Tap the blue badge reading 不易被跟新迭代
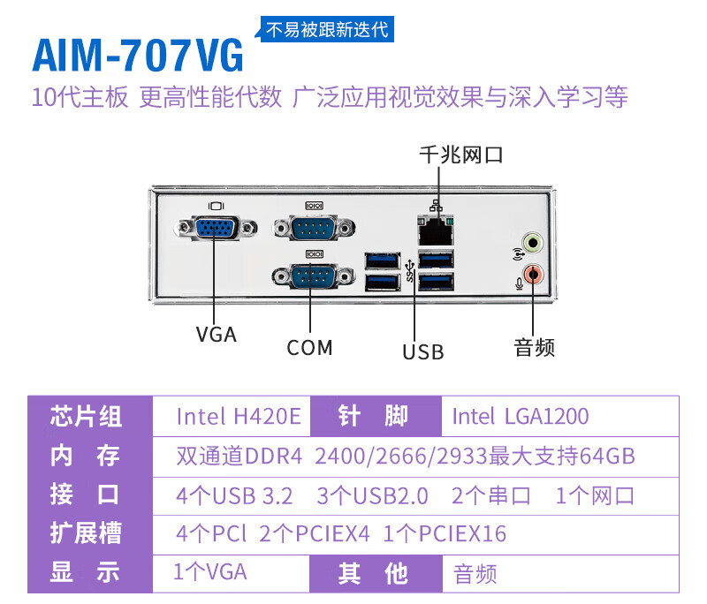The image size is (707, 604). [x=327, y=28]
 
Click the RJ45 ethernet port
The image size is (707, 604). [x=434, y=231]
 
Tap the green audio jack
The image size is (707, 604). [x=532, y=242]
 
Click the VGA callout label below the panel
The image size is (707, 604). [x=217, y=335]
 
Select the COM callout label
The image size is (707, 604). [x=309, y=348]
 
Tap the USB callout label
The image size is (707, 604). [x=422, y=352]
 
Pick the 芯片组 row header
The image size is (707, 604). [x=86, y=416]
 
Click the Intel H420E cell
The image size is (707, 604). [x=239, y=416]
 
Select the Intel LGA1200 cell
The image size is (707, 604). [x=520, y=416]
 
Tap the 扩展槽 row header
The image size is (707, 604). [x=86, y=533]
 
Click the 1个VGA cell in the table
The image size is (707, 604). [x=210, y=572]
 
